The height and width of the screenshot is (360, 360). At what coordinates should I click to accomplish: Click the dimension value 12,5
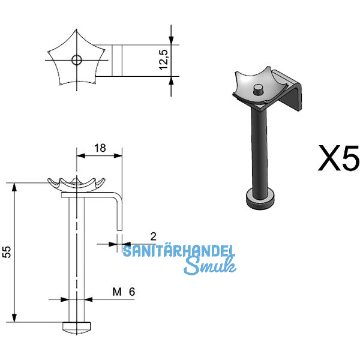[163, 61]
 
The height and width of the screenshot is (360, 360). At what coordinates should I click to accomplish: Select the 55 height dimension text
[7, 253]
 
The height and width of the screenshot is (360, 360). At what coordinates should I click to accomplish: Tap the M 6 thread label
[124, 292]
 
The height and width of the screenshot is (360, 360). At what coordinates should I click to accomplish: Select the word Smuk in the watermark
[209, 266]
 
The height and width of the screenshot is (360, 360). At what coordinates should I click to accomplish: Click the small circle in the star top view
[76, 60]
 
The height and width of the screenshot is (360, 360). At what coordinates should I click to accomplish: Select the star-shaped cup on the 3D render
[254, 87]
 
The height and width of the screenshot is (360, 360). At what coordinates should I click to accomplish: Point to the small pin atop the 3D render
[257, 90]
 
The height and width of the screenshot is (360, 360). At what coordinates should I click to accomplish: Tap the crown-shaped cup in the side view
[76, 184]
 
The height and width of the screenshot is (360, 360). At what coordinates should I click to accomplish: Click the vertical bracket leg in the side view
[119, 210]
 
